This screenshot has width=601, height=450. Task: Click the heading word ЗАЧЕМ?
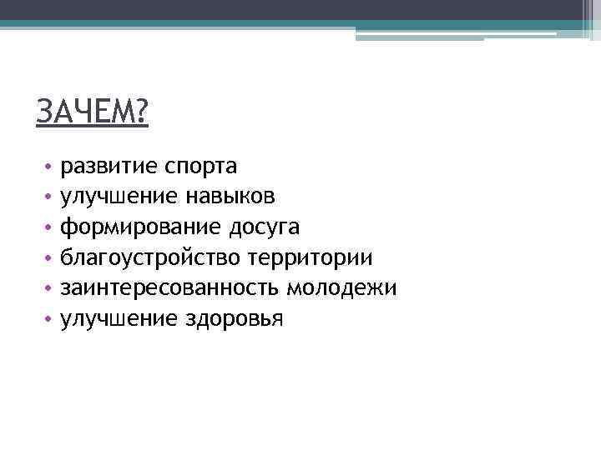(92, 111)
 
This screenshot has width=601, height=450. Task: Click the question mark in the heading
(140, 111)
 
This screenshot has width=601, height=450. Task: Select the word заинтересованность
(169, 288)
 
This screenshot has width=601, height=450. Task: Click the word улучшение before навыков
(117, 197)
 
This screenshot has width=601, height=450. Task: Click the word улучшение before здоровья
(117, 319)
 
